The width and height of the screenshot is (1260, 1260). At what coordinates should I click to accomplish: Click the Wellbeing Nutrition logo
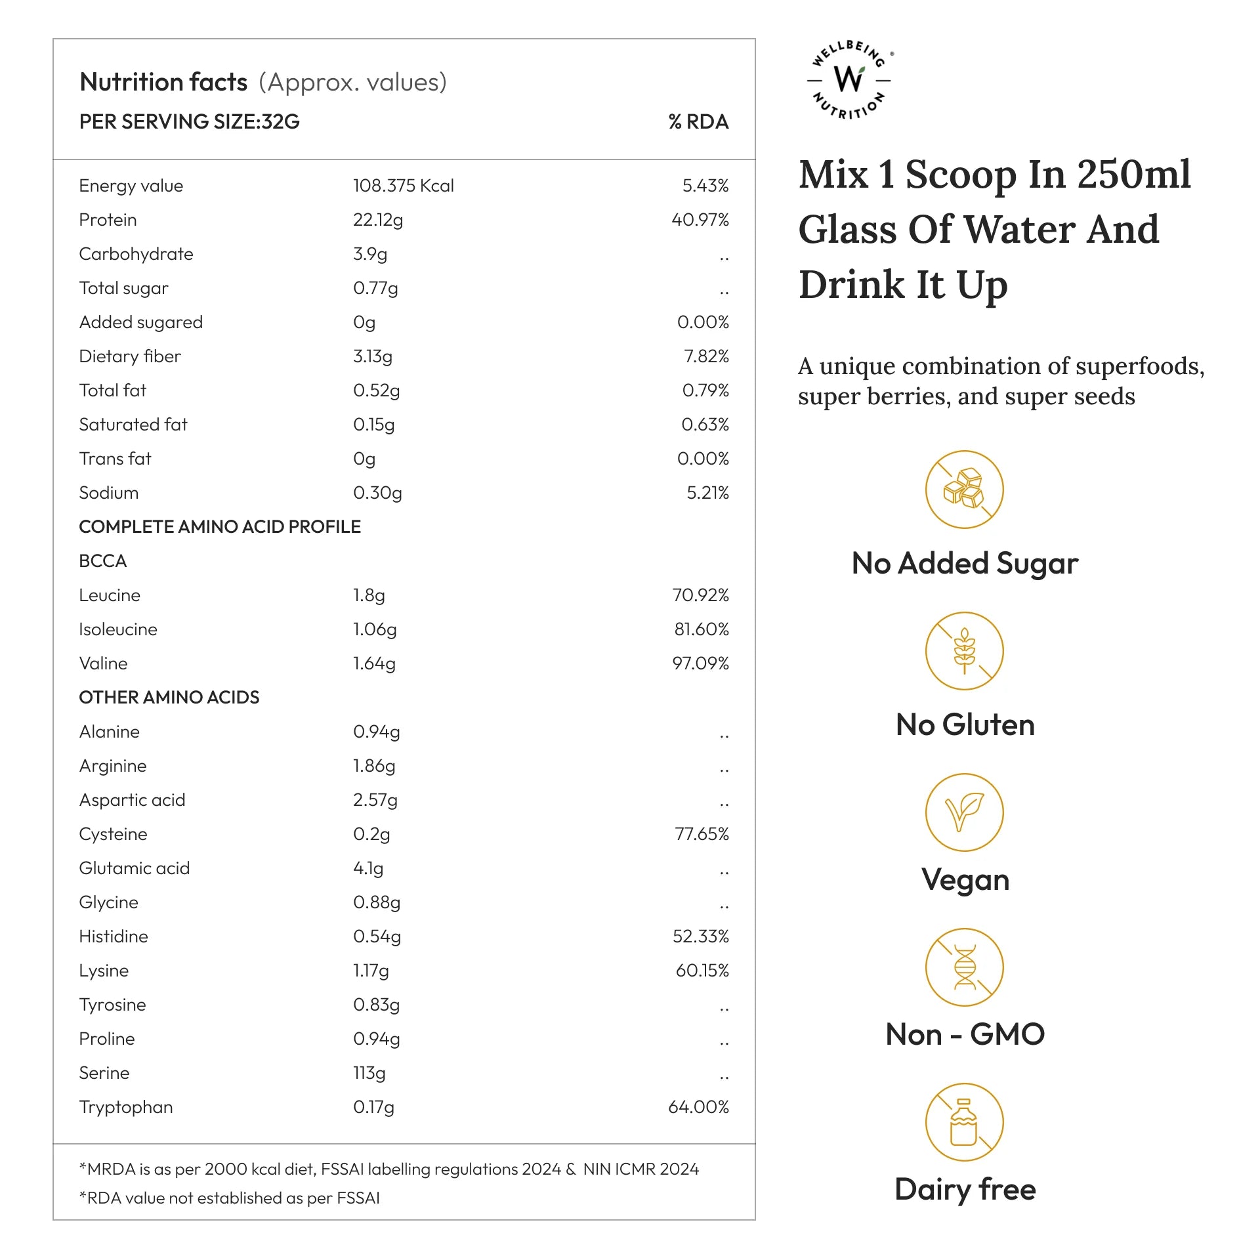pyautogui.click(x=850, y=79)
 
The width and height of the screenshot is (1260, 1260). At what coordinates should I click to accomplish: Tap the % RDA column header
pyautogui.click(x=698, y=122)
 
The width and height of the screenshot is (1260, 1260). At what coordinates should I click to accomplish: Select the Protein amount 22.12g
pyautogui.click(x=378, y=220)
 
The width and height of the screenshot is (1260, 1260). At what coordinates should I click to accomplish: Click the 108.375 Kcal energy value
pyautogui.click(x=403, y=186)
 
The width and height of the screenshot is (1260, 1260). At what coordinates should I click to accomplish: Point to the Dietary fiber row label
pyautogui.click(x=130, y=356)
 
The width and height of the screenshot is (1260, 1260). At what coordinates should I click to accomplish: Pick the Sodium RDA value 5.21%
pyautogui.click(x=707, y=493)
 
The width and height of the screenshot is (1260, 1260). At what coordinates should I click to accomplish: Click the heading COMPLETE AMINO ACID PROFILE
pyautogui.click(x=220, y=527)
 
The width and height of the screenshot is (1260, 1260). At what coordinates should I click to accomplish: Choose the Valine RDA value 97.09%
pyautogui.click(x=700, y=663)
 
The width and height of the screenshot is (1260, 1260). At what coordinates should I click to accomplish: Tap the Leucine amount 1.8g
pyautogui.click(x=369, y=595)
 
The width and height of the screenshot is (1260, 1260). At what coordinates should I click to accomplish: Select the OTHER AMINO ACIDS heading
pyautogui.click(x=169, y=698)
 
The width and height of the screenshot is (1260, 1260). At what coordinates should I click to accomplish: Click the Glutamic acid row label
pyautogui.click(x=135, y=868)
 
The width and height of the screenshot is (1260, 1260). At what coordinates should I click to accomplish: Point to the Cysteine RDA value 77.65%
pyautogui.click(x=702, y=834)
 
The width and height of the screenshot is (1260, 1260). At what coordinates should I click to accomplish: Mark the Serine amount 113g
pyautogui.click(x=369, y=1073)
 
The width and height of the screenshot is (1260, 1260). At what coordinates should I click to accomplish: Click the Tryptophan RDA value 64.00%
pyautogui.click(x=698, y=1107)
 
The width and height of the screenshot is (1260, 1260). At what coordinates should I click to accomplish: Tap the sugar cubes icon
pyautogui.click(x=964, y=490)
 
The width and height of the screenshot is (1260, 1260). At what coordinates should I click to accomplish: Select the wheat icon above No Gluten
pyautogui.click(x=964, y=651)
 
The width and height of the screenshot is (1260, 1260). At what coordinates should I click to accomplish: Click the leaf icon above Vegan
pyautogui.click(x=964, y=812)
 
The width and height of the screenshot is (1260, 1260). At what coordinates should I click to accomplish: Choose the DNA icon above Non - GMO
pyautogui.click(x=964, y=967)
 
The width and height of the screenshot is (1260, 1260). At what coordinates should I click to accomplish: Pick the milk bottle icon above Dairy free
pyautogui.click(x=964, y=1122)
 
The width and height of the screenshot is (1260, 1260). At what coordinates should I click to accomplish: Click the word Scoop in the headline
pyautogui.click(x=961, y=175)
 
